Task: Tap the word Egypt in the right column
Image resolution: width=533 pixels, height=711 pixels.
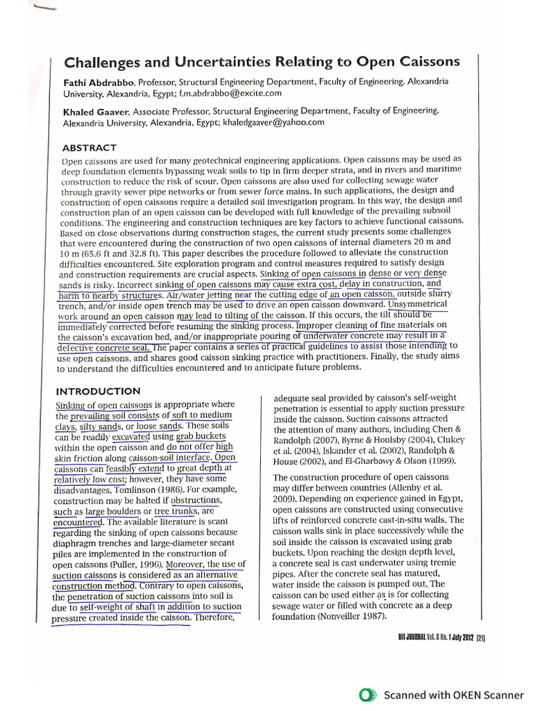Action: (x=454, y=500)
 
